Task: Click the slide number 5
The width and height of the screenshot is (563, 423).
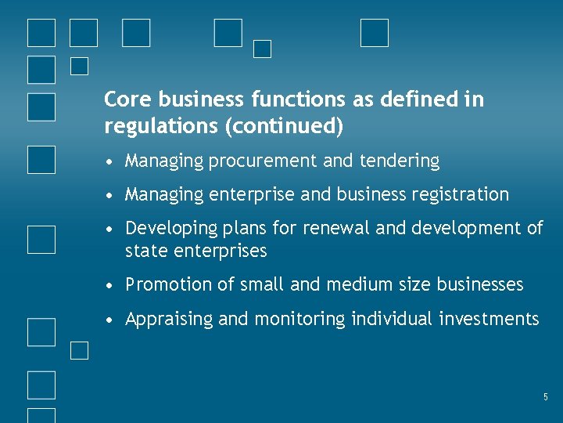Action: (x=546, y=398)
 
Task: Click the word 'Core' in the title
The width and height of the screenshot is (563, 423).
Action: (x=127, y=99)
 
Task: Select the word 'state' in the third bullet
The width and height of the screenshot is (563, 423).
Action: (x=145, y=251)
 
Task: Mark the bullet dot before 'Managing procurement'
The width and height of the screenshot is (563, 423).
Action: (x=113, y=162)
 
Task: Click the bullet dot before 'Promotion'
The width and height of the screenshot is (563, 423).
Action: (x=113, y=285)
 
